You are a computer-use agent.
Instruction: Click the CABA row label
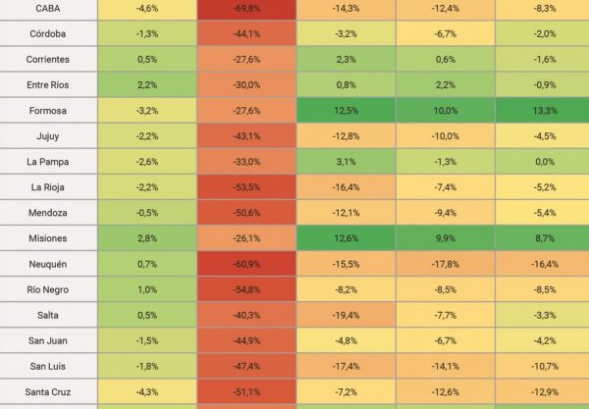[x=47, y=8]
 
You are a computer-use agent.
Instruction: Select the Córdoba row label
[x=47, y=33]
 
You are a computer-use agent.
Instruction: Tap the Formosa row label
[x=47, y=110]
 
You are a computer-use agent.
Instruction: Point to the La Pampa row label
[x=47, y=161]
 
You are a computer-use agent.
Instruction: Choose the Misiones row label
[x=47, y=237]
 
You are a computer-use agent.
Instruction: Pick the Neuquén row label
[x=47, y=264]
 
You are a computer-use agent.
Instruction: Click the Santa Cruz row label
[x=47, y=391]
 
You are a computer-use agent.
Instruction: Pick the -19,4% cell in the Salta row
[x=346, y=315]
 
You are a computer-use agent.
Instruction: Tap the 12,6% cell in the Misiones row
[x=346, y=237]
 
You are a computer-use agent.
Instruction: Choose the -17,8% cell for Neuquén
[x=445, y=264]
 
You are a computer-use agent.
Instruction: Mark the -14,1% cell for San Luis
[x=445, y=366]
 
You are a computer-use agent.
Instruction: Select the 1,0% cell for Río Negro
[x=147, y=289]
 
